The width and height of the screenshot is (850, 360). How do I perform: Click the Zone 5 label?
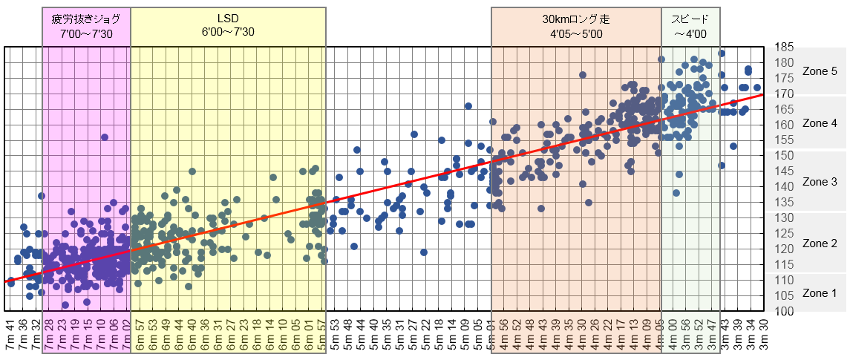click(820, 71)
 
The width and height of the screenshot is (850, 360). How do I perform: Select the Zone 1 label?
click(820, 293)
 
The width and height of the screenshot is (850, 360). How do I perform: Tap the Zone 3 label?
click(820, 181)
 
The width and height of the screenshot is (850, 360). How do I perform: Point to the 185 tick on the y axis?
click(784, 48)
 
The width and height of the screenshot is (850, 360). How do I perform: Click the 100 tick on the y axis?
click(784, 310)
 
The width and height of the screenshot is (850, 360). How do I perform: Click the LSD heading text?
click(228, 19)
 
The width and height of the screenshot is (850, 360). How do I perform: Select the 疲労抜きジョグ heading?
click(86, 19)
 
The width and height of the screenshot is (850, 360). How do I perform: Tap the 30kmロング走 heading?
click(576, 19)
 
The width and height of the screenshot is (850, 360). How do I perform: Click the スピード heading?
click(690, 19)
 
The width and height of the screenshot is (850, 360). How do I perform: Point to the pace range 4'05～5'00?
click(576, 33)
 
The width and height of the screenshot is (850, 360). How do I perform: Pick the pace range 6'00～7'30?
click(228, 33)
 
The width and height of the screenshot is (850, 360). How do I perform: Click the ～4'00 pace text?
click(690, 33)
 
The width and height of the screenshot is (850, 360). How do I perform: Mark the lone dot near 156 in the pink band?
click(105, 137)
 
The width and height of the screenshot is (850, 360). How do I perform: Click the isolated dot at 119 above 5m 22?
click(424, 252)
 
